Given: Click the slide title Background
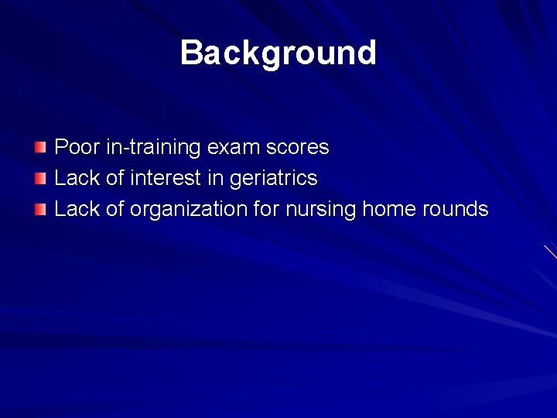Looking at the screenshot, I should point(278,53).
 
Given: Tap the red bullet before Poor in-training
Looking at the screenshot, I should point(40,147).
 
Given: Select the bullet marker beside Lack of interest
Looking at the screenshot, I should point(40,179).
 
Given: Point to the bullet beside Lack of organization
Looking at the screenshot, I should point(40,210).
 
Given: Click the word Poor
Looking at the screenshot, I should point(74,147).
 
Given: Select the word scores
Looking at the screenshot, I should point(297,147).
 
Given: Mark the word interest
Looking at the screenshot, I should point(166,178).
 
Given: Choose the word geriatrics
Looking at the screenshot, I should point(273,179).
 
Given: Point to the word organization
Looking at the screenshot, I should point(190,210).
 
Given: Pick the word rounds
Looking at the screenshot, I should point(455,209).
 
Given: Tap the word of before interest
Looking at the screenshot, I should point(114,178).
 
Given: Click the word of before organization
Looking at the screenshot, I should point(114,209).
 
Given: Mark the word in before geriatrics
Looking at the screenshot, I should point(214,178).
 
